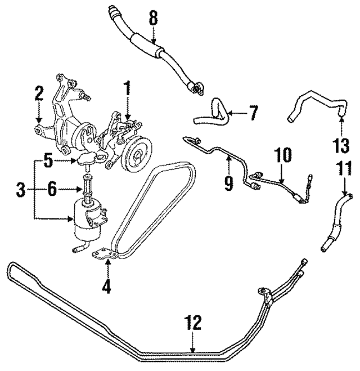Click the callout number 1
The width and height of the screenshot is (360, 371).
[127, 89]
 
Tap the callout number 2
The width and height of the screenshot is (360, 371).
[38, 93]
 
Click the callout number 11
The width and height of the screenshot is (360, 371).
[343, 169]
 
